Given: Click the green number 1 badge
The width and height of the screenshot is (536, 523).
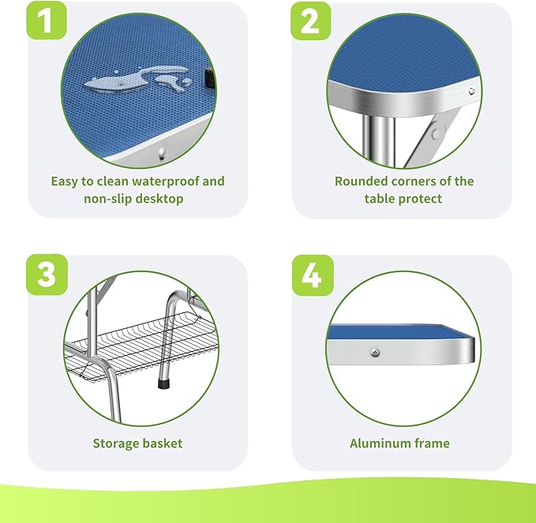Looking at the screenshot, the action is tap(47, 21).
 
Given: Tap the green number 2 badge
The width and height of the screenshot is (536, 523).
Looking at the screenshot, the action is tap(311, 21).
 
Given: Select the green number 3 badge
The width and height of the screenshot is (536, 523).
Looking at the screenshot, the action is tap(47, 275).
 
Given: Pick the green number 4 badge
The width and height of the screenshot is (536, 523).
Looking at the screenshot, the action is tap(313, 275).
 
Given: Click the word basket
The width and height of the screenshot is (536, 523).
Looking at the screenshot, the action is tap(163, 443).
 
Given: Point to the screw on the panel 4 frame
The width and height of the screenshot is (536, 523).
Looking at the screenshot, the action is tap(375, 352).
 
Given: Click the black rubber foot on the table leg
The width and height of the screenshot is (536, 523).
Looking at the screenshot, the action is tap(164, 383).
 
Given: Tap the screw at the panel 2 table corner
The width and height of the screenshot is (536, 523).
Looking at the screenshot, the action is tap(472, 91).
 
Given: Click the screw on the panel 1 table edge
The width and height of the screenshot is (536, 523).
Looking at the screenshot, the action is tap(162, 153).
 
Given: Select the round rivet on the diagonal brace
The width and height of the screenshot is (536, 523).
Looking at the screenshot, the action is tap(436, 134).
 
